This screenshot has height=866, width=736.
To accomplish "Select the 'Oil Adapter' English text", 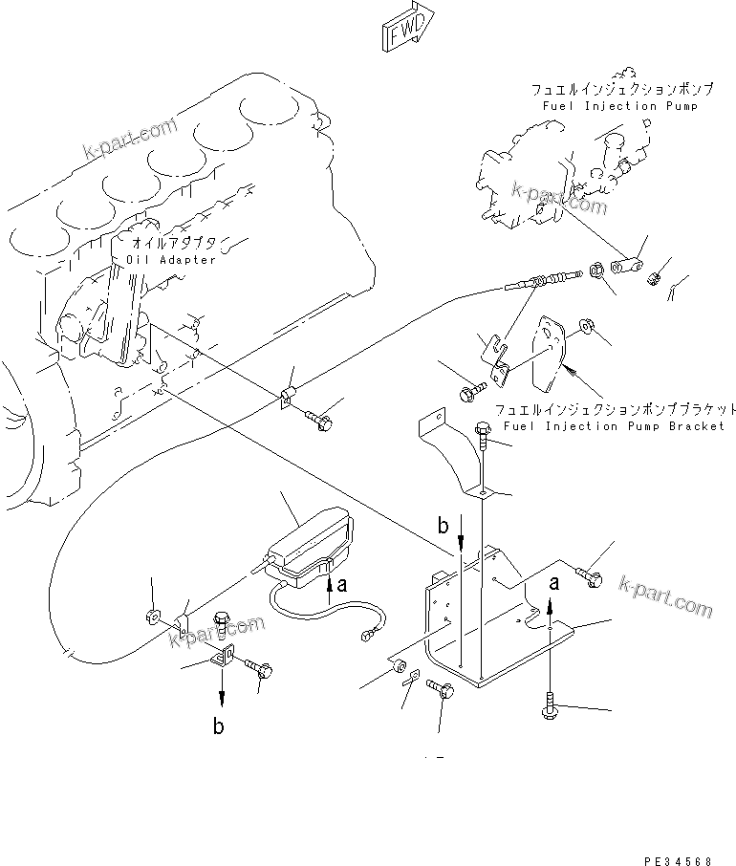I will [171, 260].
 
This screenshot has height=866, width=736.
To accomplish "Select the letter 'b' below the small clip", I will [219, 726].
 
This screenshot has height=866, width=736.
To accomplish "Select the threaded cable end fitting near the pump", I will [539, 283].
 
